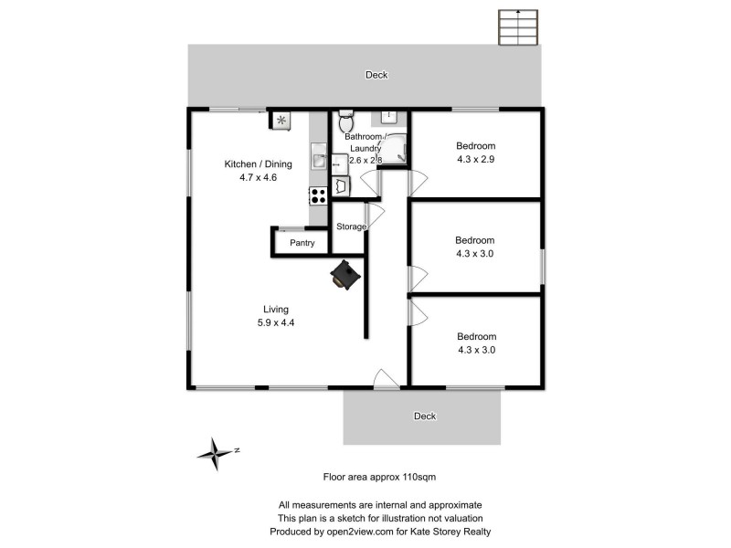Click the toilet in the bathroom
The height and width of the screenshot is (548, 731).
(344, 122)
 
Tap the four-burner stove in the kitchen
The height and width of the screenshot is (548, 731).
(318, 194)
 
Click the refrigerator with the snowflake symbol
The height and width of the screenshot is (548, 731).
(281, 120)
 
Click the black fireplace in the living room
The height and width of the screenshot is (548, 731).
(345, 274)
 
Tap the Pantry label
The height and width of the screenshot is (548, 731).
(302, 243)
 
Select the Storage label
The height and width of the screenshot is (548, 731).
(351, 227)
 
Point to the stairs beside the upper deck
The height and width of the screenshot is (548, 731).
(518, 28)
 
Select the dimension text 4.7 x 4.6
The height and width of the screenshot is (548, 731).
(250, 177)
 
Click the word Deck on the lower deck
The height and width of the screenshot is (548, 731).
(425, 416)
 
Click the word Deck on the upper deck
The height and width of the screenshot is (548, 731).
(376, 75)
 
